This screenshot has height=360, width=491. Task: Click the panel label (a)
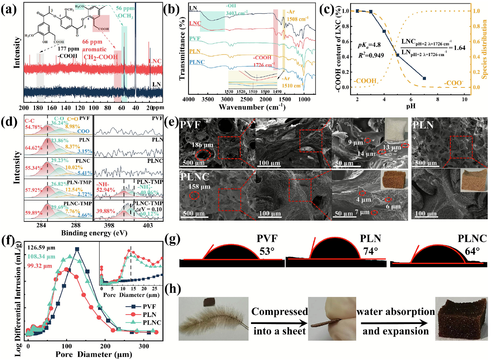pyautogui.click(x=9, y=10)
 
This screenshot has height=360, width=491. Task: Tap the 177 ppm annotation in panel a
pyautogui.click(x=68, y=49)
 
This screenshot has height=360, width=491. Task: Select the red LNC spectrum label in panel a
pyautogui.click(x=155, y=61)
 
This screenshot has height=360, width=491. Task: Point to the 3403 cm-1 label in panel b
pyautogui.click(x=237, y=13)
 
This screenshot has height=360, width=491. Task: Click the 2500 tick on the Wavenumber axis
pyautogui.click(x=246, y=99)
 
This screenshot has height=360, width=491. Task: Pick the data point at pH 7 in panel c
pyautogui.click(x=424, y=78)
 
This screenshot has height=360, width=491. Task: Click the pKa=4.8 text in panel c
pyautogui.click(x=369, y=45)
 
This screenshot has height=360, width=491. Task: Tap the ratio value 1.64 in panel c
pyautogui.click(x=459, y=48)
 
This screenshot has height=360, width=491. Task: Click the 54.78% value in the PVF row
pyautogui.click(x=34, y=127)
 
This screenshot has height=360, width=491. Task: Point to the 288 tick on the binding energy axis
pyautogui.click(x=76, y=225)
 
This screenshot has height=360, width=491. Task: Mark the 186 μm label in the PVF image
pyautogui.click(x=202, y=145)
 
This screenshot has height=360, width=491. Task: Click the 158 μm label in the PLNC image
pyautogui.click(x=199, y=187)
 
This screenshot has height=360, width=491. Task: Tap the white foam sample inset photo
pyautogui.click(x=396, y=130)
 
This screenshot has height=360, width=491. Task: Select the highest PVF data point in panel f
pyautogui.click(x=77, y=249)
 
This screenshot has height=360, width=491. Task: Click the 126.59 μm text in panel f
pyautogui.click(x=41, y=248)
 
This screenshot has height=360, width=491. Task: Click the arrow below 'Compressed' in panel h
pyautogui.click(x=279, y=323)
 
